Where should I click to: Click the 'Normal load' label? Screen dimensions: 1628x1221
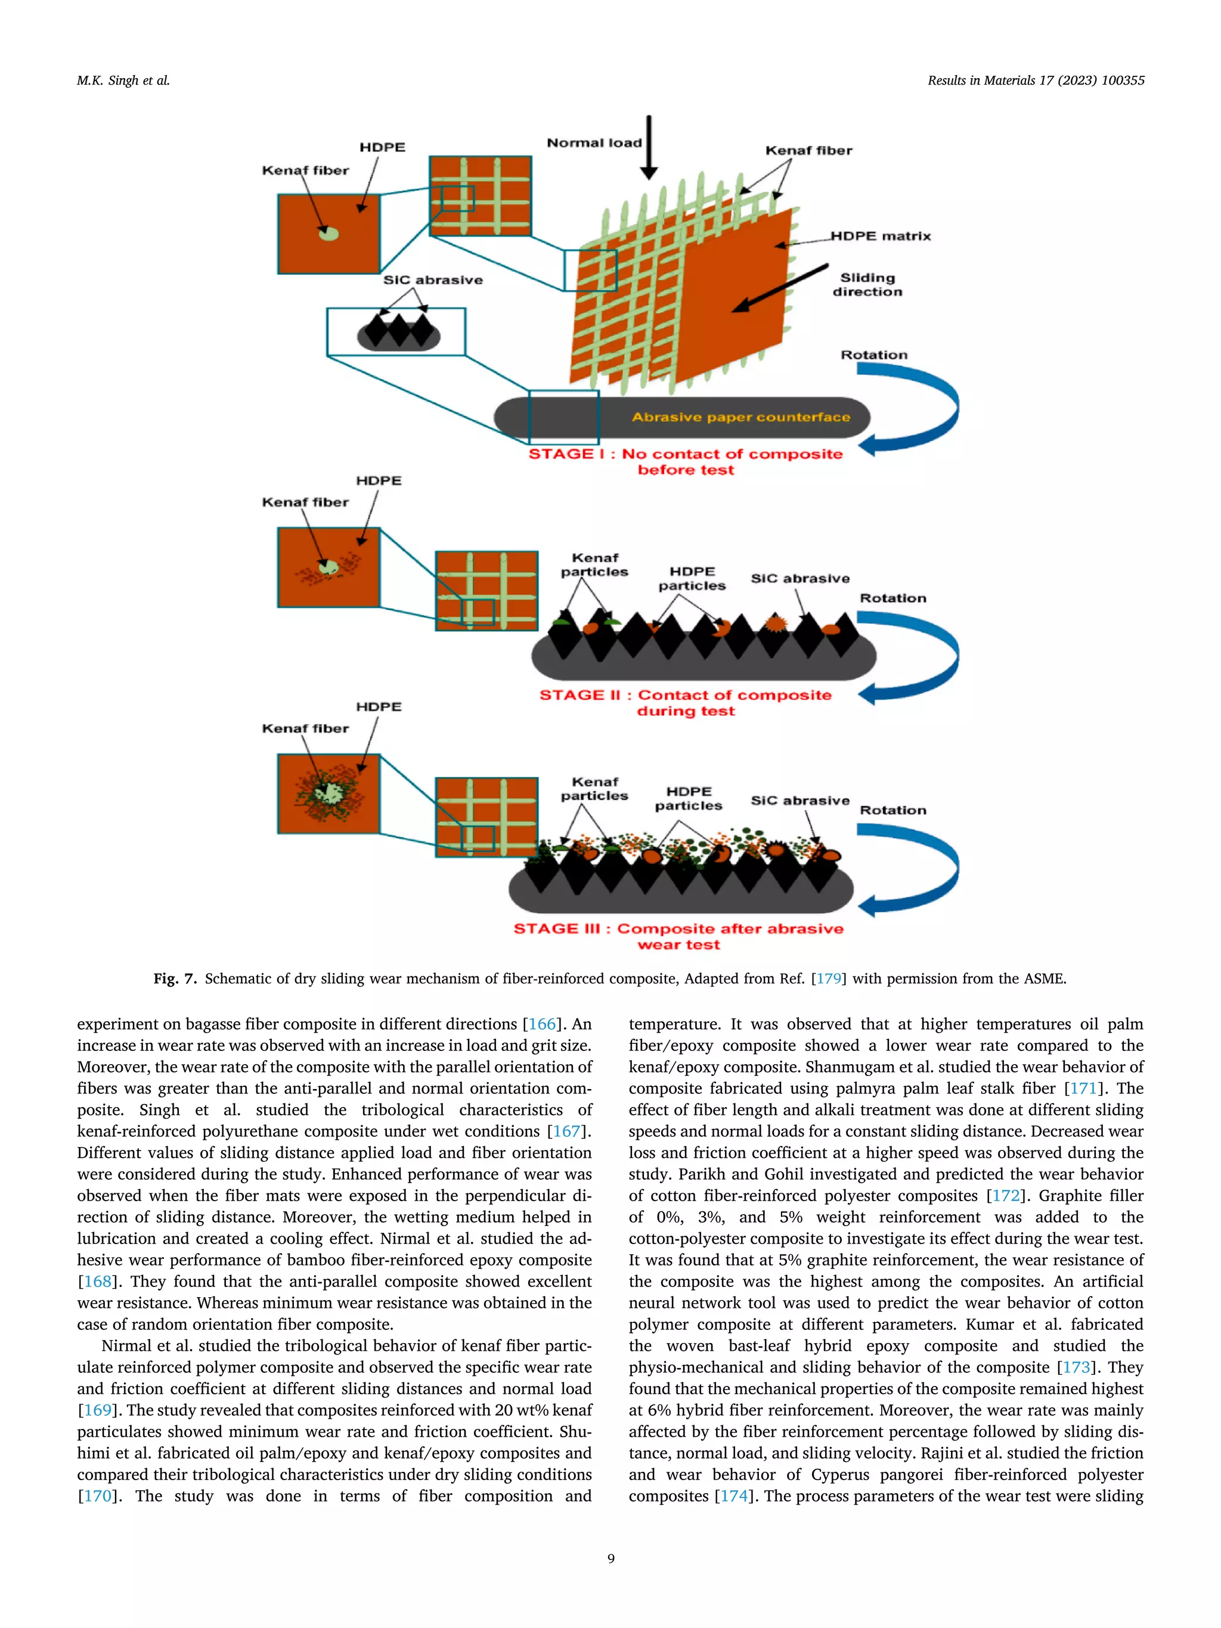(594, 143)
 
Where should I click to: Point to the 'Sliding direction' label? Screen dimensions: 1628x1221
(867, 285)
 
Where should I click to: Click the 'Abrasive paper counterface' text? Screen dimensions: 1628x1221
(740, 417)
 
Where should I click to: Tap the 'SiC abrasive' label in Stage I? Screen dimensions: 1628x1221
(433, 280)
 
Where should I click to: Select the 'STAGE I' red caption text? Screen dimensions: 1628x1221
(685, 461)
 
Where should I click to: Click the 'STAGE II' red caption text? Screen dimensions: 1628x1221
(685, 703)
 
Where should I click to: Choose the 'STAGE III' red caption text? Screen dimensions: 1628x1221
(678, 936)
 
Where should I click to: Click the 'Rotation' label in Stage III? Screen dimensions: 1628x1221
(892, 810)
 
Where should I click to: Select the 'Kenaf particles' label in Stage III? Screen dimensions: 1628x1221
(594, 789)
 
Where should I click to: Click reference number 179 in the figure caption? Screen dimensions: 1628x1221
(829, 979)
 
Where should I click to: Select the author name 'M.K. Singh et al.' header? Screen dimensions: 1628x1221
(123, 81)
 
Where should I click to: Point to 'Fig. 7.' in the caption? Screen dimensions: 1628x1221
(175, 979)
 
